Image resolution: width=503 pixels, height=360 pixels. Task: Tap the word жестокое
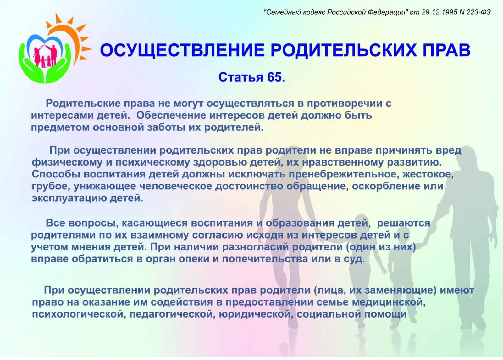click(x=428, y=174)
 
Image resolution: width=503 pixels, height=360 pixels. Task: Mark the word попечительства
click(x=265, y=259)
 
